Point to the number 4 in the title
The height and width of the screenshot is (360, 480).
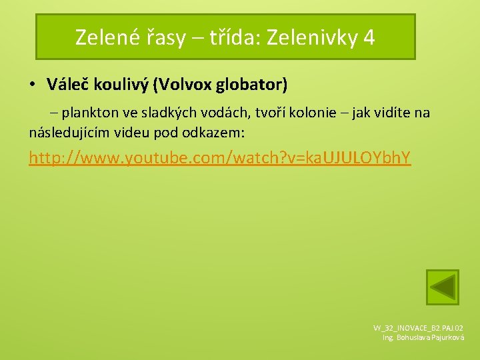click(369, 37)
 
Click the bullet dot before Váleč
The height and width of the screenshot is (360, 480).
click(31, 85)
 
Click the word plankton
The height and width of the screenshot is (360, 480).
click(89, 113)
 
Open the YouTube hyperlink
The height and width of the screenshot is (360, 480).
click(219, 158)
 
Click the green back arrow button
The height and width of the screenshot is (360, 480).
click(443, 287)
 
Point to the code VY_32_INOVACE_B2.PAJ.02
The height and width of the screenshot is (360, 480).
click(419, 328)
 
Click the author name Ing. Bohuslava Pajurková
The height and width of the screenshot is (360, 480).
click(423, 338)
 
